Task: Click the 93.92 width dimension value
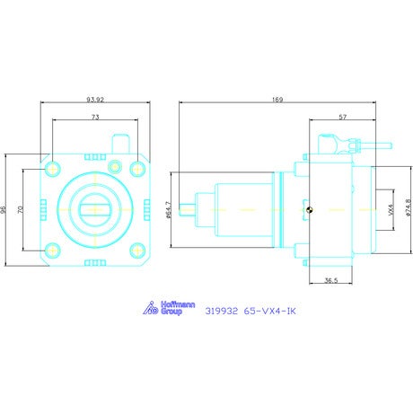95,100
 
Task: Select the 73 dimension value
95,117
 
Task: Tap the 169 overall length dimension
277,100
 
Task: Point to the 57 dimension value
343,117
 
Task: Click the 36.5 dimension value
331,280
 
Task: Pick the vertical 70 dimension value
20,209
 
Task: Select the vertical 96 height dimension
3,209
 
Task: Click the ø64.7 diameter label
169,210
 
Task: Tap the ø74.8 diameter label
409,207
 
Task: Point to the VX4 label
391,209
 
